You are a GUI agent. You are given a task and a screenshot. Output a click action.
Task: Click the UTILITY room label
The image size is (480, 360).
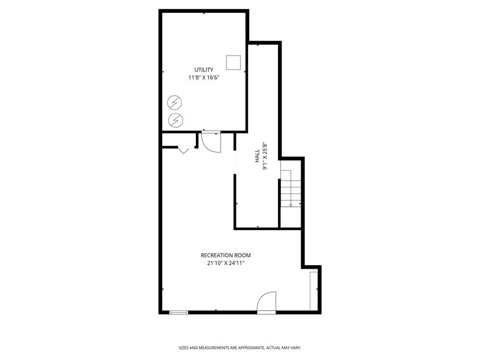tap(204, 70)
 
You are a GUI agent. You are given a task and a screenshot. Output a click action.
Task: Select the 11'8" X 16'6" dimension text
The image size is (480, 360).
tap(204, 78)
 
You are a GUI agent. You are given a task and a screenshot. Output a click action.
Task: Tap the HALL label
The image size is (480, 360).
tap(257, 157)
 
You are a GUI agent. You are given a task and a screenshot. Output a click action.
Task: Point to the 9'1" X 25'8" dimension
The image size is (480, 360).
tap(266, 157)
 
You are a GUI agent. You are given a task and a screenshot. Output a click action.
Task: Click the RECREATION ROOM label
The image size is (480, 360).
tap(225, 255)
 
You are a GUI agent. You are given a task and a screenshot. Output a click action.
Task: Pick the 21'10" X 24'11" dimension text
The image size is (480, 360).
tap(225, 264)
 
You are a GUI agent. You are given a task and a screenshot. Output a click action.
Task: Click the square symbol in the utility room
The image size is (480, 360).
tap(233, 62)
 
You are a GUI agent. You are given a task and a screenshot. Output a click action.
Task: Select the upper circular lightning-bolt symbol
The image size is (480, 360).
tap(175, 102)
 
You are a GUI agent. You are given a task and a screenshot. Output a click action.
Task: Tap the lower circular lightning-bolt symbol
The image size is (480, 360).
tap(175, 119)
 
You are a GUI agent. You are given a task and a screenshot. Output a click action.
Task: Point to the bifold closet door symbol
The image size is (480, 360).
tap(184, 149)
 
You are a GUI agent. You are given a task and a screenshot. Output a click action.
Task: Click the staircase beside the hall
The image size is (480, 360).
tap(291, 189)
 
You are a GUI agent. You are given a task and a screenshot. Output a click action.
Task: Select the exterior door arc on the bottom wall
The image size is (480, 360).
tap(267, 303)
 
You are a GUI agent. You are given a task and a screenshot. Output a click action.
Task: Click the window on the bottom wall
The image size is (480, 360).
tap(179, 312)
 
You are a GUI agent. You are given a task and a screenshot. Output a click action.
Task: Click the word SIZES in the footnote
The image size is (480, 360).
tap(184, 348)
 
